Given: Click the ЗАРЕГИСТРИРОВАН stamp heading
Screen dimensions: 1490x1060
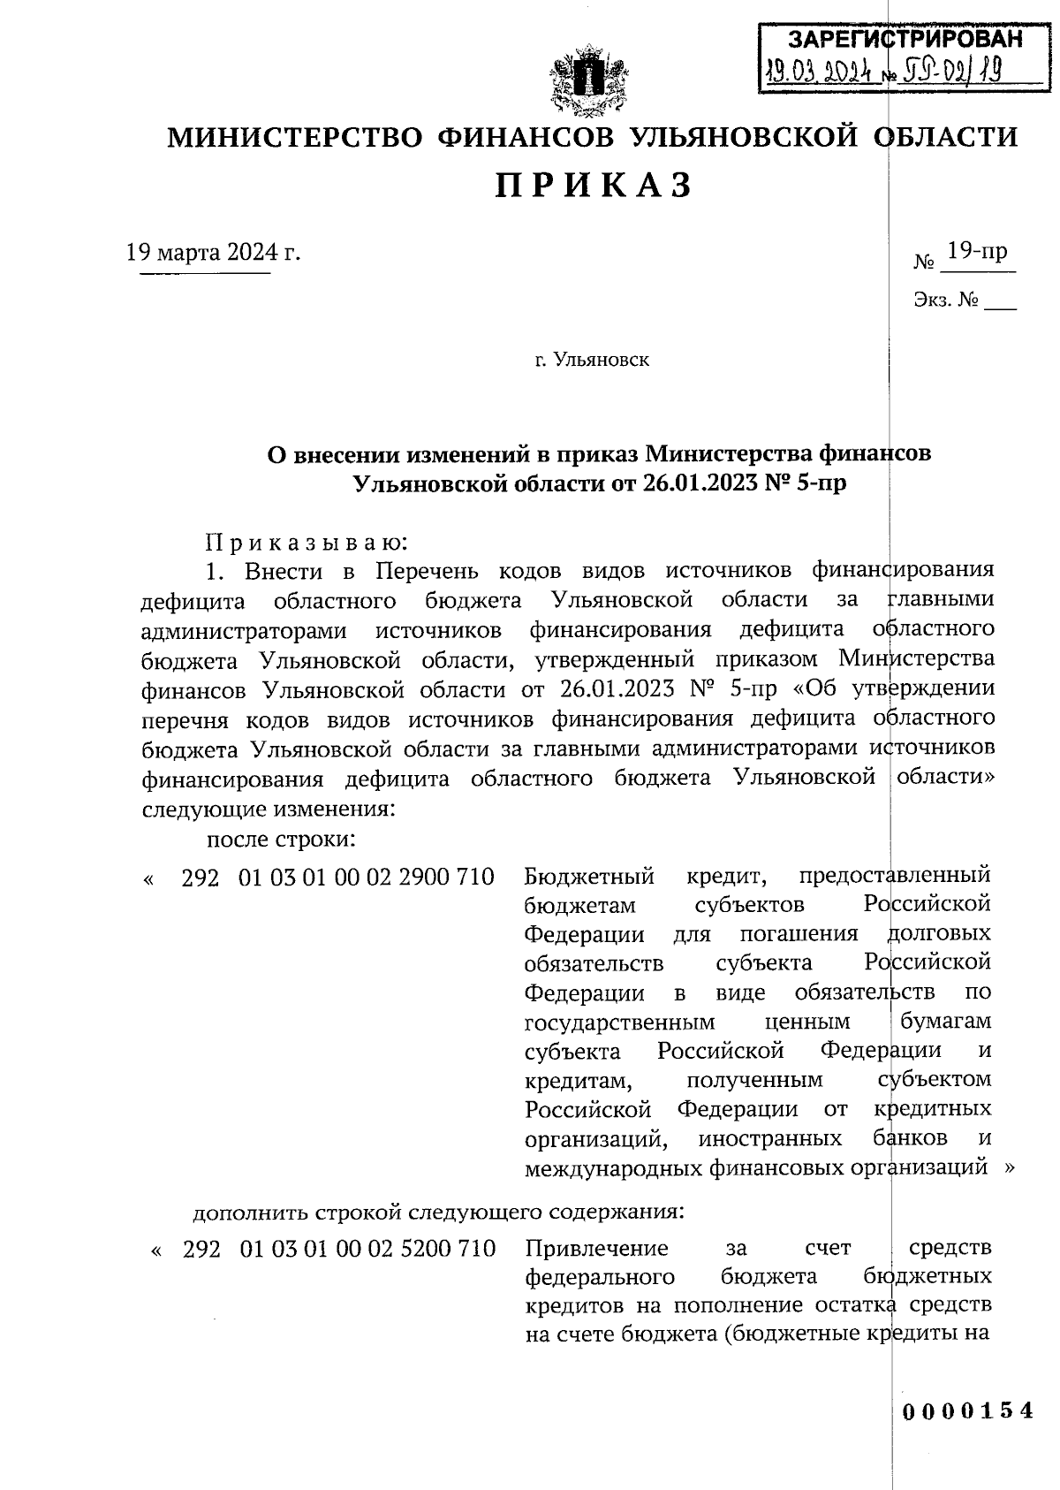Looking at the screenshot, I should click(x=904, y=39).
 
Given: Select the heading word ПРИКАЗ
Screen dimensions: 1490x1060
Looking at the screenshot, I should click(x=592, y=186).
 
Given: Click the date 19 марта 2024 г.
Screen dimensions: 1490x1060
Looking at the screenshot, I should click(x=213, y=253).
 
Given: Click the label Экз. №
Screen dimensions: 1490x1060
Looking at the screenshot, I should click(x=946, y=300).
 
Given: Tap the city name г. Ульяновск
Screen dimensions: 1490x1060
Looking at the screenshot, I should click(x=592, y=361).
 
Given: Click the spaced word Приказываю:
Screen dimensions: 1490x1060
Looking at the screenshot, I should click(x=306, y=541).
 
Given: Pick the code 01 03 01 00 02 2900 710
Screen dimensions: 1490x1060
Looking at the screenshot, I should click(x=366, y=877).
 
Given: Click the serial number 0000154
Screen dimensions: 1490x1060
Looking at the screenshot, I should click(x=967, y=1410).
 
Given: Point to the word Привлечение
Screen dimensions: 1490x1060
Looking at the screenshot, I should click(x=597, y=1249).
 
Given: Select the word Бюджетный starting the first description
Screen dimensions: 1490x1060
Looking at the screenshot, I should click(x=589, y=877).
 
